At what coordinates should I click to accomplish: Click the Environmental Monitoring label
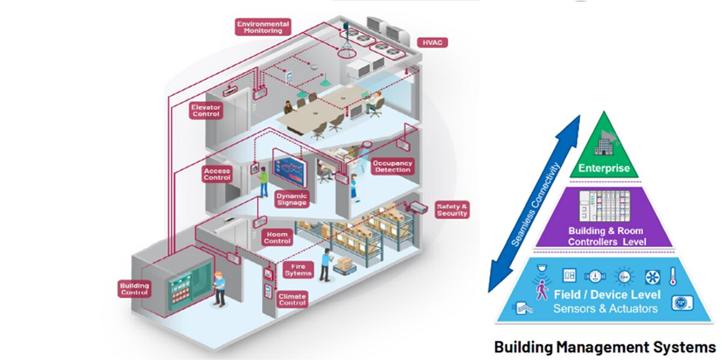pos(263,27)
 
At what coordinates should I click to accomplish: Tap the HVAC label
pos(432,43)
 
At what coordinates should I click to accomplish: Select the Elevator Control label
pos(206,111)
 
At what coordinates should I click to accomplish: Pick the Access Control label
pos(217,174)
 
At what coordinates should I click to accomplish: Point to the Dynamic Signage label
pos(292,199)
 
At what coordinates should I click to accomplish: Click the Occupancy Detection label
pos(392,166)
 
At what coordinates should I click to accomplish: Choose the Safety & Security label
pos(452,210)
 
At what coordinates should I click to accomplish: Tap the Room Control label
pos(277,238)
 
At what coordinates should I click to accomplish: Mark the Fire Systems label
pos(298,270)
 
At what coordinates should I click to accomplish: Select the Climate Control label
pos(292,299)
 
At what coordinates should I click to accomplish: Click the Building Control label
pos(134,289)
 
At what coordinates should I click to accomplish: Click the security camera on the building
pos(417,208)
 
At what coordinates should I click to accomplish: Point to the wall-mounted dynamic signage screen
pos(289,168)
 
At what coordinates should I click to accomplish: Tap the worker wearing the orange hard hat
pos(220,289)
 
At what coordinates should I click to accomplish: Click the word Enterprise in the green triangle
pos(603,168)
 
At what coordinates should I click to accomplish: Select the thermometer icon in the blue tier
pos(673,276)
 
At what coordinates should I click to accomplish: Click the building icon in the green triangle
pos(604,146)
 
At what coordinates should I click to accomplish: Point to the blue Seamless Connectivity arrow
pos(534,204)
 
